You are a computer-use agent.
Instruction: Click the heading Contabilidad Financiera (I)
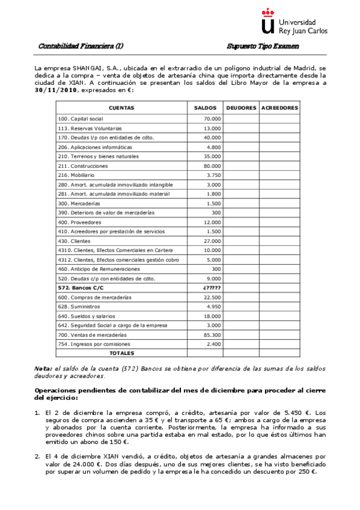coord(81,46)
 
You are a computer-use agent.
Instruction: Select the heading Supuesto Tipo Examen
coord(263,46)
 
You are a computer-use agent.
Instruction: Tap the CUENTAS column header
coord(121,108)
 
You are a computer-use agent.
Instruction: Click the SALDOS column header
coord(205,108)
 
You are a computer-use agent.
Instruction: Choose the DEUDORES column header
coord(241,108)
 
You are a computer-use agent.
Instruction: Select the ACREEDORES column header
coord(279,108)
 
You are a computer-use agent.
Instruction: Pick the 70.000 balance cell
coord(212,119)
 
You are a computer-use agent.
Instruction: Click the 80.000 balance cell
coord(212,165)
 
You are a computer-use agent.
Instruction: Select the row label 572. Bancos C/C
coord(78,287)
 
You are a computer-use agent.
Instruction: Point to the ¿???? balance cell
coord(212,287)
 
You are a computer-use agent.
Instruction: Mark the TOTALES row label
coord(121,353)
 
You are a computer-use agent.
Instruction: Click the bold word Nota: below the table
coord(43,367)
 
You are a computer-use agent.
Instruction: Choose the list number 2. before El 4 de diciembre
coord(37,456)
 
